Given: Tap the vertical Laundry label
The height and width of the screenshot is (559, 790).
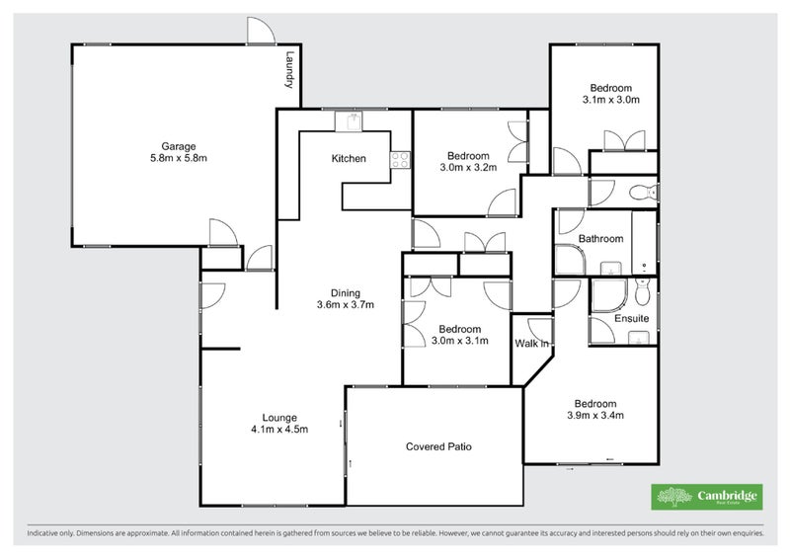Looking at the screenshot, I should click(289, 70).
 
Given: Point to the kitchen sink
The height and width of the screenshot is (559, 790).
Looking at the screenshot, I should click(351, 121).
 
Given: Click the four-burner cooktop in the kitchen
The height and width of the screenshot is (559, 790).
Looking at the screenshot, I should click(400, 159).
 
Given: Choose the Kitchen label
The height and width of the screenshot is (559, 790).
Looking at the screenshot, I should click(349, 159).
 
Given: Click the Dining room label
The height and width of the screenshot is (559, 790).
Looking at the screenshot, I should click(345, 292).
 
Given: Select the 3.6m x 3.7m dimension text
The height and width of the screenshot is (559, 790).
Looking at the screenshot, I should click(345, 305).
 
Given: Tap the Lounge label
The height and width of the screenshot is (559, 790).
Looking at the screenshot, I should click(278, 417).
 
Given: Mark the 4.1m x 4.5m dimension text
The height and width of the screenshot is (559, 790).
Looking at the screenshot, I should click(278, 430).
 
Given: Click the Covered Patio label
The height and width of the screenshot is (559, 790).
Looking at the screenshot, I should click(438, 446).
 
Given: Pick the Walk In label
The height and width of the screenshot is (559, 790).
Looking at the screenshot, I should click(531, 344).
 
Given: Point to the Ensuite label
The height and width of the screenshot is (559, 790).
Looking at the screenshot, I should click(631, 319).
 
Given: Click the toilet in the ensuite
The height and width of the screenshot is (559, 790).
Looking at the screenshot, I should click(643, 291).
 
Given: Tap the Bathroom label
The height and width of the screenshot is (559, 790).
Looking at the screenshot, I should click(600, 239).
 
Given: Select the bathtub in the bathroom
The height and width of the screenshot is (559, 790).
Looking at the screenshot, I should click(644, 242).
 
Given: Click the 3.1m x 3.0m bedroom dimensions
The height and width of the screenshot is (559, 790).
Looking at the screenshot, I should click(611, 100).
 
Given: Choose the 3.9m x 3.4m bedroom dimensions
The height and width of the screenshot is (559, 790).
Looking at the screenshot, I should click(596, 416).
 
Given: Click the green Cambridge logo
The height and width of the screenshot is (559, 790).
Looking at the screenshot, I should click(706, 498).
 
